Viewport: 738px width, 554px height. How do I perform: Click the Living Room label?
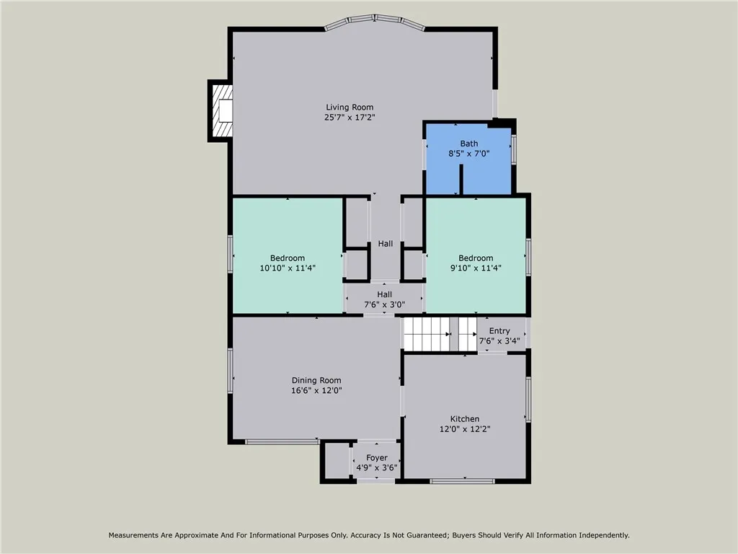tap(350, 107)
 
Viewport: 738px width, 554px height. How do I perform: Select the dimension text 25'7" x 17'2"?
tap(350, 117)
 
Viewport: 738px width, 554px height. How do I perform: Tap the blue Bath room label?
tap(469, 144)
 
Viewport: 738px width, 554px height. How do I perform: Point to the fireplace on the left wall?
tap(222, 110)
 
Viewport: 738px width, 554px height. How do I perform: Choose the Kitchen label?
tap(465, 419)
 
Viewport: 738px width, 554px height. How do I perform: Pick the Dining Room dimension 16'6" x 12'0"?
tap(316, 390)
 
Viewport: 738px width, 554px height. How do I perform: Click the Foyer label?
tap(376, 458)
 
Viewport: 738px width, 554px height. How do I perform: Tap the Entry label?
tap(499, 331)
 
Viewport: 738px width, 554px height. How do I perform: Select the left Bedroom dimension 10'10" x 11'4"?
tap(288, 268)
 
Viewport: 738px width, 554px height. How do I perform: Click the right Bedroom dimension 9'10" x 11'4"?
tap(476, 268)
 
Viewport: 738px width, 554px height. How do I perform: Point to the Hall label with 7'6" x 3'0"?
tap(384, 294)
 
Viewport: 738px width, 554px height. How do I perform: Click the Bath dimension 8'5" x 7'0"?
tap(469, 153)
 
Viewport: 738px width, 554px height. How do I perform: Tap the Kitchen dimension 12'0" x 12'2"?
tap(465, 428)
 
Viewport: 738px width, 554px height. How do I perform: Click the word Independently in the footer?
tap(600, 535)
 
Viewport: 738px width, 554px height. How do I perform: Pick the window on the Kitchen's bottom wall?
tap(462, 480)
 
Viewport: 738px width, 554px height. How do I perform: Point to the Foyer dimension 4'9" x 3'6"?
tap(376, 467)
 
